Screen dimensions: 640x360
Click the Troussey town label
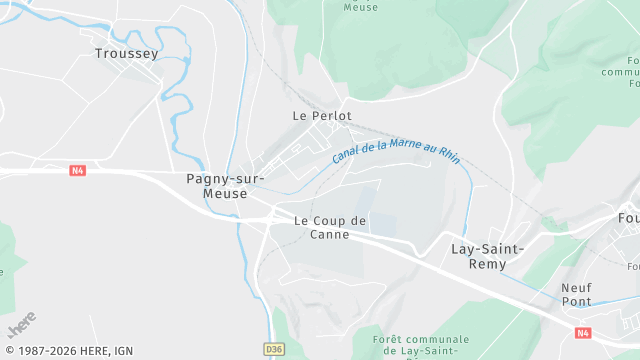pos(126,53)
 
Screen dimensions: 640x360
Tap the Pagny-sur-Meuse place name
pos(225,186)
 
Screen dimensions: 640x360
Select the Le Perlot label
pos(322,116)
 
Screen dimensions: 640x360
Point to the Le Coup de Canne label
pos(331,227)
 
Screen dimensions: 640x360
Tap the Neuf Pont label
pos(576,294)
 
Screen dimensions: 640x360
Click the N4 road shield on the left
pos(78,171)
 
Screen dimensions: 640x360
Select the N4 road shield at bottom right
pos(583,332)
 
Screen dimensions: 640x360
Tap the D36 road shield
pos(274,349)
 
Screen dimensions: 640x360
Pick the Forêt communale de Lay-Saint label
pos(420,345)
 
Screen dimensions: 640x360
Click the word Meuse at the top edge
pos(360,6)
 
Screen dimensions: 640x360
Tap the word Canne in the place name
pos(331,235)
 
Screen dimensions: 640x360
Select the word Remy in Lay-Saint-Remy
pos(488,264)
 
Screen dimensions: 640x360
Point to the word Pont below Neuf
pos(576,301)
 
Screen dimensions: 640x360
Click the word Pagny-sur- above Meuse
pos(225,179)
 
